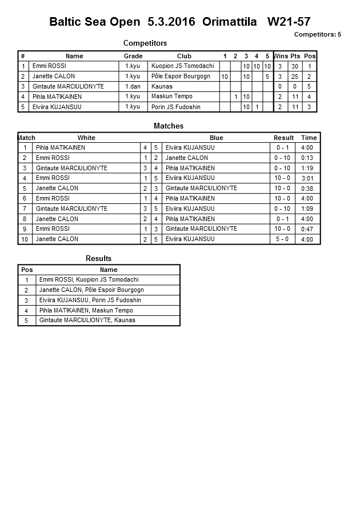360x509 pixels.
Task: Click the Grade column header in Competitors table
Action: [133, 56]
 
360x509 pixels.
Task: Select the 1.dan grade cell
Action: [133, 86]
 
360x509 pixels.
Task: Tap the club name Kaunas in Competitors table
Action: [162, 86]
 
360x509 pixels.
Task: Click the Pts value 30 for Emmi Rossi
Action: [295, 66]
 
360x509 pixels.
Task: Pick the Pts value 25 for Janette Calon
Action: [295, 77]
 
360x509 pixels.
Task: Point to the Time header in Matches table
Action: [309, 138]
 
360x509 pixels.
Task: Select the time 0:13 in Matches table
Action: [307, 158]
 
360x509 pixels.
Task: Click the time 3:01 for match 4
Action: [307, 178]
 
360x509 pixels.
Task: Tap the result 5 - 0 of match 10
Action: [282, 239]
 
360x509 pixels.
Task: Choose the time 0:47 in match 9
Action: [307, 229]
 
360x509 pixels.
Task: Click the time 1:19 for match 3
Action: [307, 169]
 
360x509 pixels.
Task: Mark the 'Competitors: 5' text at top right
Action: [317, 34]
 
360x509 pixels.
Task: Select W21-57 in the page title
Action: [289, 22]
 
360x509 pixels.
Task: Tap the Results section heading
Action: [98, 259]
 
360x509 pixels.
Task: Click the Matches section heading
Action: [169, 126]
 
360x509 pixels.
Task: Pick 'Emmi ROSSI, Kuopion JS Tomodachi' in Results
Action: [89, 280]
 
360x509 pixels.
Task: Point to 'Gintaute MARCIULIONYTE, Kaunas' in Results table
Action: [87, 320]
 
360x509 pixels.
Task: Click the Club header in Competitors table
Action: [184, 56]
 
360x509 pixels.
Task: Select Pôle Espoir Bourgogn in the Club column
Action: [181, 77]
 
